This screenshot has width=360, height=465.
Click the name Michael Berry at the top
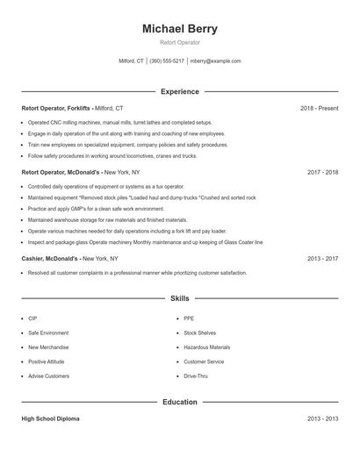point(180,29)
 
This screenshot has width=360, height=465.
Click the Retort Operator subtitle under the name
point(180,42)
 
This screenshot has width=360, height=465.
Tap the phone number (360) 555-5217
point(167,61)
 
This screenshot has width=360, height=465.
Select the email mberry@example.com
point(215,61)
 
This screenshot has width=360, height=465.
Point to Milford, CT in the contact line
point(131,61)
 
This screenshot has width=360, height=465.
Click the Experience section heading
point(180,91)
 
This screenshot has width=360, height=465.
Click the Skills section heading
point(180,298)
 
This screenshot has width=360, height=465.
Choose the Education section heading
point(180,402)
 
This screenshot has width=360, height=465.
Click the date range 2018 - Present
point(319,108)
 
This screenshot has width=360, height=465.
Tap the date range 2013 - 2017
point(322,259)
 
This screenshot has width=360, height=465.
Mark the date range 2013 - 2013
point(322,419)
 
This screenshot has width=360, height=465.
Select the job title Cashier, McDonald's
point(51,259)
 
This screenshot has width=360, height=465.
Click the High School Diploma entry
point(50,419)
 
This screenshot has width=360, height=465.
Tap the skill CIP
point(32,318)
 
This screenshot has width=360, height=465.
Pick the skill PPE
point(189,318)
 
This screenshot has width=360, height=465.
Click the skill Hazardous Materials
point(206,347)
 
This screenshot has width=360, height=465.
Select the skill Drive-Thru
point(196,376)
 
